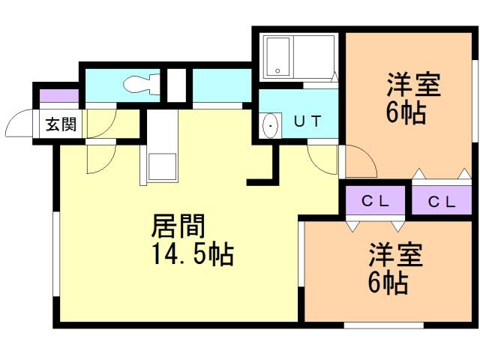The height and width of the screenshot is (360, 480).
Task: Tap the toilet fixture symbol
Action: (x=140, y=83)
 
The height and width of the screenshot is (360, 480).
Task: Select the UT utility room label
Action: (x=308, y=122)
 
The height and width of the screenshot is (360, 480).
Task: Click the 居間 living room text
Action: (x=178, y=225)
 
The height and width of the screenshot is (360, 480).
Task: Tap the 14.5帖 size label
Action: (x=193, y=255)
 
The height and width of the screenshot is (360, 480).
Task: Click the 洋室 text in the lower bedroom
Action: (x=395, y=255)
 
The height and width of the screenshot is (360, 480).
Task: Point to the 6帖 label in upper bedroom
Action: (x=406, y=114)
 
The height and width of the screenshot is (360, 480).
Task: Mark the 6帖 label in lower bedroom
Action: (x=387, y=283)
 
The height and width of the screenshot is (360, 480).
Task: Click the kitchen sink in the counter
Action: (x=162, y=166)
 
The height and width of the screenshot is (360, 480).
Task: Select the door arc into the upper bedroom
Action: (x=358, y=162)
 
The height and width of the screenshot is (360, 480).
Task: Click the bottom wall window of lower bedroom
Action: (x=374, y=325)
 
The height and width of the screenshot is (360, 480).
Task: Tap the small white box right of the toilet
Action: (x=175, y=85)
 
